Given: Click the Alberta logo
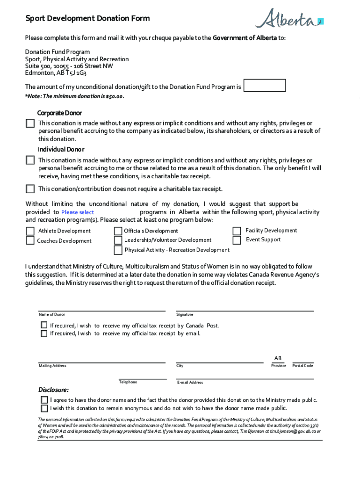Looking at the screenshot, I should pos(288,19).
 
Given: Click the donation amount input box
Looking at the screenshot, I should pos(265,86).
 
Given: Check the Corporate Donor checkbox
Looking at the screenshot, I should pos(30,123).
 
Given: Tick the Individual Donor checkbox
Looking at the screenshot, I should pos(30,160).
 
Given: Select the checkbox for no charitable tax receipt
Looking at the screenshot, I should pos(30,189).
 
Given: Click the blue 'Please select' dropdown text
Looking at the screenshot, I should pos(78,212).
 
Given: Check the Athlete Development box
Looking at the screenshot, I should pos(30,231).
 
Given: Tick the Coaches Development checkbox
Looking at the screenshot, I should pos(30,240).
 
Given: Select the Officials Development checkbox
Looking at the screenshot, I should pos(118,231).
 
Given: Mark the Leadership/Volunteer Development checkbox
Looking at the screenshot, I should pos(118,240).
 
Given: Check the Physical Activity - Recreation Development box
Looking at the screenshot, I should pos(118,250).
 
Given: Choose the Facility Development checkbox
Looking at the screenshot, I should pos(238,231).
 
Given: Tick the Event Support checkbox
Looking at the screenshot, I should pos(238,240).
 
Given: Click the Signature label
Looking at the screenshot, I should pos(185,315).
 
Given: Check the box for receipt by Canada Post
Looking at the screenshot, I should pos(44,325).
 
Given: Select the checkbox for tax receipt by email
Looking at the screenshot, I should pos(44,334).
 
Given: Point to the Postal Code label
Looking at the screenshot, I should pos(302,366).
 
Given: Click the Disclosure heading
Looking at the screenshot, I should pos(53,390).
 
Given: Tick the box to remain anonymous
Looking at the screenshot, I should pos(44,408).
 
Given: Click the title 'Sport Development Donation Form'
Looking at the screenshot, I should pos(87,19).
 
